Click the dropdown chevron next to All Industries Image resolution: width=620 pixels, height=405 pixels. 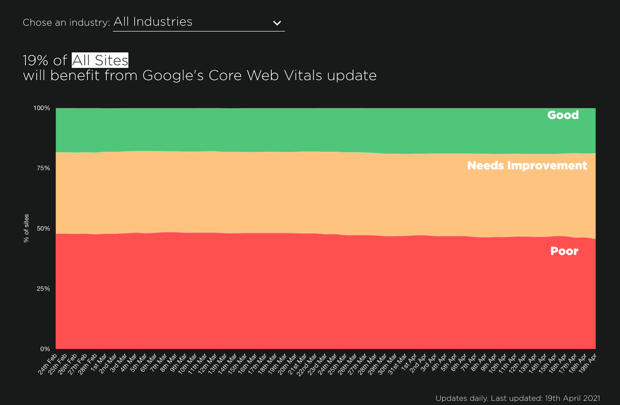pyautogui.click(x=277, y=23)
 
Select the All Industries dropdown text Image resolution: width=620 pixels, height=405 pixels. pyautogui.click(x=153, y=22)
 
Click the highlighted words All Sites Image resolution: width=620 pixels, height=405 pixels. pyautogui.click(x=100, y=60)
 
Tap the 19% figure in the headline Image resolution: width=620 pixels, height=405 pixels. pyautogui.click(x=35, y=60)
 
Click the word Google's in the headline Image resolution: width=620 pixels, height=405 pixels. pyautogui.click(x=173, y=76)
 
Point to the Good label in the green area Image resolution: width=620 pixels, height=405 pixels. pyautogui.click(x=563, y=115)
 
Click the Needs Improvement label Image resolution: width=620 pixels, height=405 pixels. pyautogui.click(x=527, y=166)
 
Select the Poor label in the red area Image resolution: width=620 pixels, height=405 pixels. pyautogui.click(x=564, y=251)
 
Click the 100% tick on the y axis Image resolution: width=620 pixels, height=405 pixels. pyautogui.click(x=42, y=108)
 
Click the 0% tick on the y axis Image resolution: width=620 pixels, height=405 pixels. pyautogui.click(x=45, y=349)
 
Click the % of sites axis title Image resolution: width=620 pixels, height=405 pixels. pyautogui.click(x=26, y=228)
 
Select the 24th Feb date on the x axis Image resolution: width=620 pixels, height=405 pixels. pyautogui.click(x=48, y=364)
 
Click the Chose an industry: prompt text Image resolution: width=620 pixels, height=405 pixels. pyautogui.click(x=66, y=22)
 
